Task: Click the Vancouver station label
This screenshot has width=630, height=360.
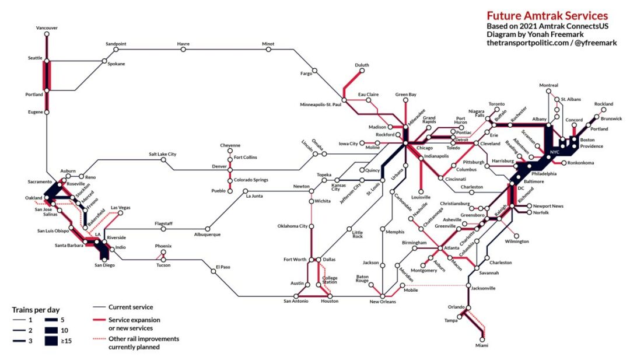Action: [47, 27]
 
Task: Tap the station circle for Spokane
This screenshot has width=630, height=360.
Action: [104, 61]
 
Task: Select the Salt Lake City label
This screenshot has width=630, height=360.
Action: [163, 154]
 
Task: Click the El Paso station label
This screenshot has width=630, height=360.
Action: [223, 267]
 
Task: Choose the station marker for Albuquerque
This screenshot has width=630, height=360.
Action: [206, 229]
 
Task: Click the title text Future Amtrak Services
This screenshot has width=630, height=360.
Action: [547, 16]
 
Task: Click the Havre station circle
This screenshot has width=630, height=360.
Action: [184, 50]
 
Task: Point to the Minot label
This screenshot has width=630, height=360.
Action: [268, 44]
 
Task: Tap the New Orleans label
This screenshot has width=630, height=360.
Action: [383, 302]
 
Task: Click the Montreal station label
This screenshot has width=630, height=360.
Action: [548, 86]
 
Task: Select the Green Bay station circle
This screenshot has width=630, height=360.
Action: [405, 100]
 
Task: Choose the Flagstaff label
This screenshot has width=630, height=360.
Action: [164, 223]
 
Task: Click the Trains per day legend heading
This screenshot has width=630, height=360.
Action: [36, 309]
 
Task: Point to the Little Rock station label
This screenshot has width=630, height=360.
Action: [357, 234]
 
